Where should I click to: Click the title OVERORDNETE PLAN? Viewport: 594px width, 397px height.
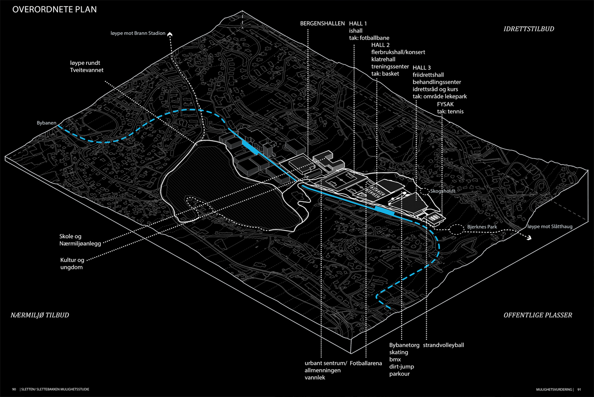pyautogui.click(x=54, y=9)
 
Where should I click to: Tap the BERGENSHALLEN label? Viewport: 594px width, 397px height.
pyautogui.click(x=322, y=24)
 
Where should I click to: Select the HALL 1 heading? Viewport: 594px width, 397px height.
pyautogui.click(x=358, y=24)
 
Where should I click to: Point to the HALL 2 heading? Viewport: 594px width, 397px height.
pyautogui.click(x=380, y=45)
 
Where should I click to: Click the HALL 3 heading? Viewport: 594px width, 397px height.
pyautogui.click(x=422, y=68)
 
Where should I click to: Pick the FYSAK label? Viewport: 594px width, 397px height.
pyautogui.click(x=445, y=104)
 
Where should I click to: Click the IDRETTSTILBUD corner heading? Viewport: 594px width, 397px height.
pyautogui.click(x=529, y=29)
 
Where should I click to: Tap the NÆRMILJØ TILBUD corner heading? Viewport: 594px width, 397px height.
pyautogui.click(x=40, y=315)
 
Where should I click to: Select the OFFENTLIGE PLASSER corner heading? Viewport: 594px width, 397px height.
pyautogui.click(x=538, y=315)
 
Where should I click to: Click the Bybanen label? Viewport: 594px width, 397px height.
pyautogui.click(x=46, y=123)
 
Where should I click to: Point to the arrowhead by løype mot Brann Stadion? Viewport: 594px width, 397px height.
pyautogui.click(x=170, y=35)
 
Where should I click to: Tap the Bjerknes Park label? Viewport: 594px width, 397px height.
pyautogui.click(x=482, y=227)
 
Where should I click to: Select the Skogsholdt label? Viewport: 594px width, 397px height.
pyautogui.click(x=443, y=191)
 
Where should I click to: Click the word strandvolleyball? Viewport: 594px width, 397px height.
pyautogui.click(x=443, y=345)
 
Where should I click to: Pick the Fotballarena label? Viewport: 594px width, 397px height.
pyautogui.click(x=365, y=363)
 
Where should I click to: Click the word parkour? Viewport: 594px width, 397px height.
pyautogui.click(x=399, y=374)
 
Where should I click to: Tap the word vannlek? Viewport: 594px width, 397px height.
pyautogui.click(x=315, y=378)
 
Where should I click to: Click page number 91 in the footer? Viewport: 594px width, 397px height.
pyautogui.click(x=579, y=389)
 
